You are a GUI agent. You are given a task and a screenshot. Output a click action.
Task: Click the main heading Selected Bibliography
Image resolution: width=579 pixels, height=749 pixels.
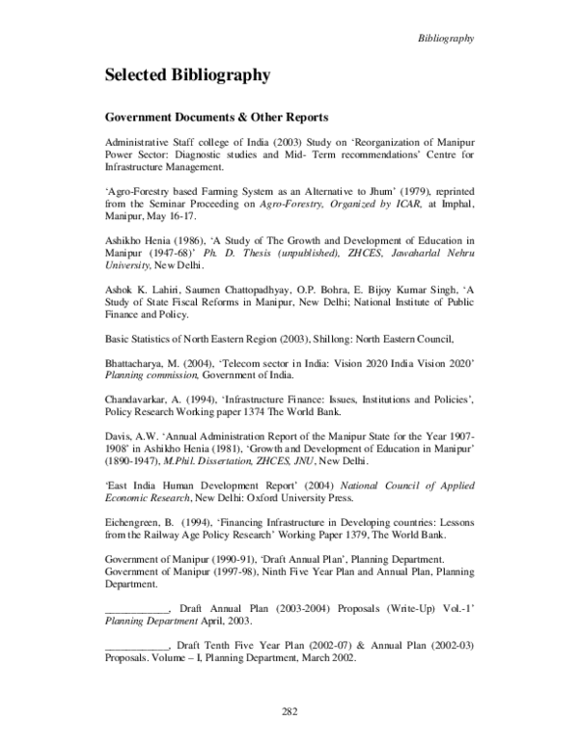(187, 74)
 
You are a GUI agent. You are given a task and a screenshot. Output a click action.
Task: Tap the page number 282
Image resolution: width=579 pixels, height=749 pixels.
(289, 711)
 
